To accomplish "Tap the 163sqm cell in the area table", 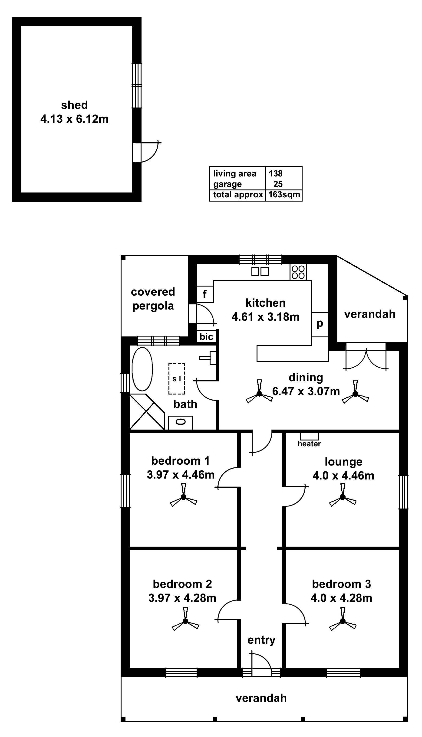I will coord(284,194).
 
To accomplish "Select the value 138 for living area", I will coord(275,173).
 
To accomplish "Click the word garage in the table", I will coord(227,184).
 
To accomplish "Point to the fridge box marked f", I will coord(205,294).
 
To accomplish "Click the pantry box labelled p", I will coord(320,324).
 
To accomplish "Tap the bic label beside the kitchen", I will coord(206,336).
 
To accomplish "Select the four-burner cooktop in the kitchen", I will coord(298,272).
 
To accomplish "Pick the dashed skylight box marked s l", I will coord(177,378).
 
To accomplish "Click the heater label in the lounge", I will coord(309,444).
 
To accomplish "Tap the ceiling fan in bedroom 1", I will coord(184,497).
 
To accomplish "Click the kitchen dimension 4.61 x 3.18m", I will coord(265,317).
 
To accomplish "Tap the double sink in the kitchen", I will coord(260,271).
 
